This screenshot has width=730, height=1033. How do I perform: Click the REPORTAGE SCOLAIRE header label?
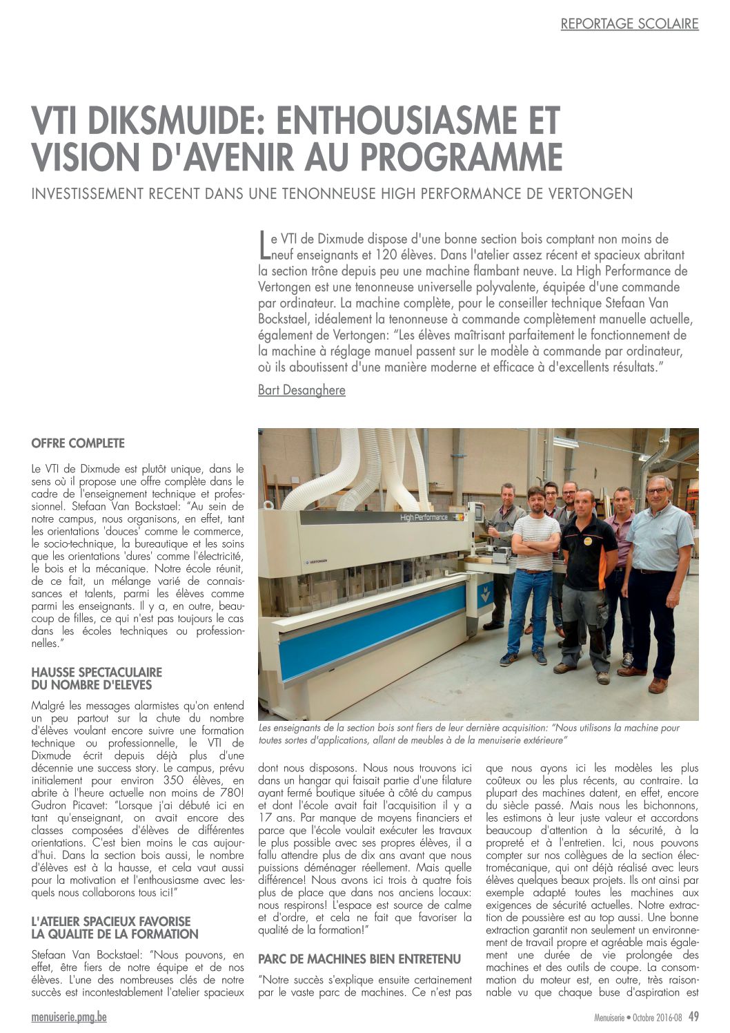click(629, 23)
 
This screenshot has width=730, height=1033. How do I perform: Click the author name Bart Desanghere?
click(302, 390)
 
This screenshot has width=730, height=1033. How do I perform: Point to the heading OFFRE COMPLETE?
click(78, 443)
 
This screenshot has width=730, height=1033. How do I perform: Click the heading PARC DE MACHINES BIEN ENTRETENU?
click(359, 958)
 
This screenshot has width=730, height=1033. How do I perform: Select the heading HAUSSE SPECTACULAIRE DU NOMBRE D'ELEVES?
click(97, 678)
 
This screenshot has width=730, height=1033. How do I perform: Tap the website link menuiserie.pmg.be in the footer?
click(69, 1016)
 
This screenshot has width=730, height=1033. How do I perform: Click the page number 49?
click(693, 1016)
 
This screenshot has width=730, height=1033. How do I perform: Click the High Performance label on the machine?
click(424, 517)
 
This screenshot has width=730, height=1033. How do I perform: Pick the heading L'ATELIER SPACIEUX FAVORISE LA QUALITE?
click(115, 927)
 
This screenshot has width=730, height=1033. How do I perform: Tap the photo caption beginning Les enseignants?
click(469, 733)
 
